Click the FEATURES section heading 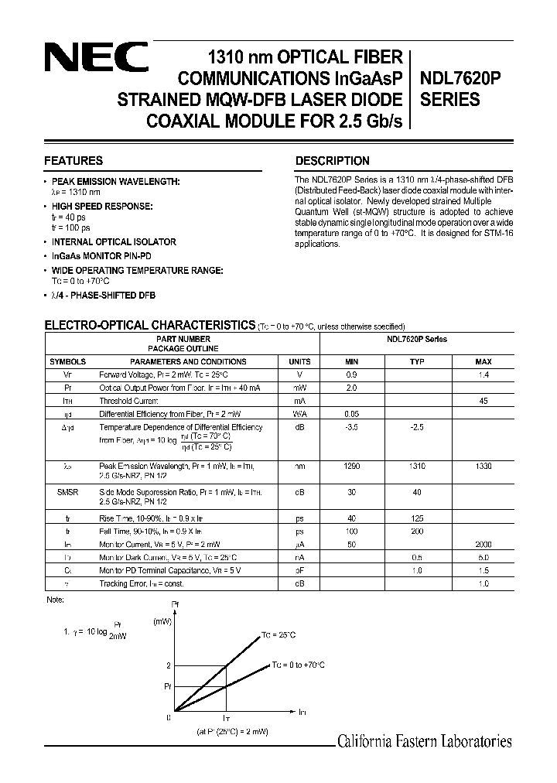[x=73, y=161]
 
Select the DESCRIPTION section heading [x=333, y=161]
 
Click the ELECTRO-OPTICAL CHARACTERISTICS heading [x=149, y=325]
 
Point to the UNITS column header [x=299, y=361]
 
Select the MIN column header [x=351, y=361]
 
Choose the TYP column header [x=418, y=361]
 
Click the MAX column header [x=484, y=361]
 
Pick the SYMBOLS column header [x=68, y=361]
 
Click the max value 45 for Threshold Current [x=484, y=401]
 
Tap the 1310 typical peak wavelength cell [x=418, y=467]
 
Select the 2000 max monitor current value [x=484, y=545]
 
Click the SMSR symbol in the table [x=68, y=491]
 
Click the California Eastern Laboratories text [x=425, y=741]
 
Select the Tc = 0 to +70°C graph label [x=297, y=665]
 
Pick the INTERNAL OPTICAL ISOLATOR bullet [x=114, y=241]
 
